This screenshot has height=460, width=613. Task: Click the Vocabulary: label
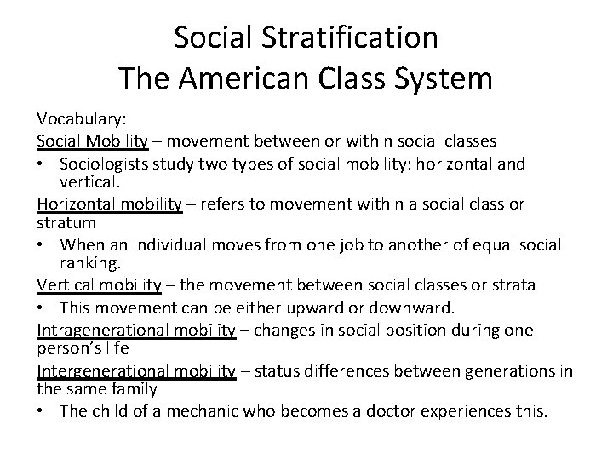tap(79, 120)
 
